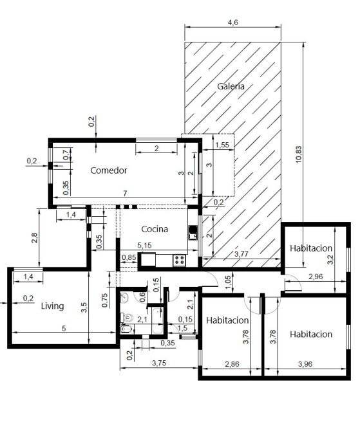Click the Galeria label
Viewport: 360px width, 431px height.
click(x=231, y=86)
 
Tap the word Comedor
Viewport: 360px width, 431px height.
click(x=109, y=170)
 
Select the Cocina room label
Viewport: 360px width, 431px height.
click(x=155, y=229)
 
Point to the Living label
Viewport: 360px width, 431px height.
click(x=52, y=306)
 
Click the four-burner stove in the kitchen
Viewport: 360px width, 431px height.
click(x=179, y=261)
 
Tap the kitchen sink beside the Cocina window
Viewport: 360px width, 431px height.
click(x=193, y=233)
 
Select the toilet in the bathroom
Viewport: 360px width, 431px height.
click(x=127, y=318)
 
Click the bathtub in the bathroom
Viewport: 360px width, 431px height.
click(x=158, y=321)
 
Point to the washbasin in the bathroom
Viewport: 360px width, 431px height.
click(x=124, y=298)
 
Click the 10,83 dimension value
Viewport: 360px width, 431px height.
click(x=299, y=154)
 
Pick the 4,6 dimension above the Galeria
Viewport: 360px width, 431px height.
click(x=232, y=23)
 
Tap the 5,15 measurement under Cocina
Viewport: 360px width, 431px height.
click(x=144, y=245)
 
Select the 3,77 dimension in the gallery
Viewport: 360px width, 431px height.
click(x=241, y=254)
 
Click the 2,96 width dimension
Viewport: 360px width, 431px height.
click(x=316, y=277)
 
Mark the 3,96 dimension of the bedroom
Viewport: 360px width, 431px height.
click(x=305, y=364)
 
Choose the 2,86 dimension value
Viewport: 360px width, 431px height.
click(x=232, y=364)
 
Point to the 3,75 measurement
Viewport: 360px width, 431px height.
click(x=159, y=363)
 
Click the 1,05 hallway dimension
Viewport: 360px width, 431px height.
click(x=228, y=282)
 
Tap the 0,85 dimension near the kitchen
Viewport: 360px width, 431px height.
click(x=129, y=257)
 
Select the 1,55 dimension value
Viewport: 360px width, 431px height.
click(x=222, y=145)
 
